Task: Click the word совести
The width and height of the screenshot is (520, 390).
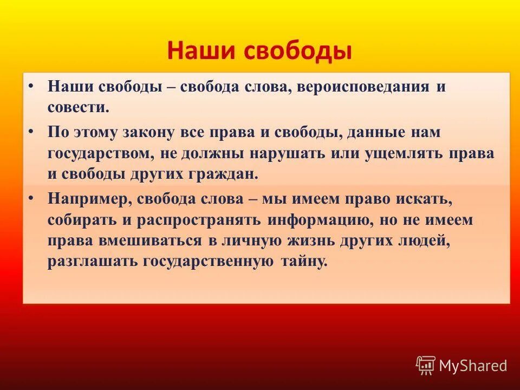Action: click(78, 107)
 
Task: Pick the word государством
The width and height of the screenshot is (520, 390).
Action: click(99, 153)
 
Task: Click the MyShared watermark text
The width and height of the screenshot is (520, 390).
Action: click(472, 366)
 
